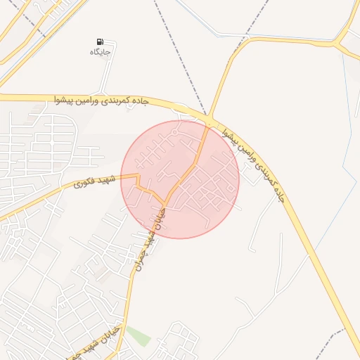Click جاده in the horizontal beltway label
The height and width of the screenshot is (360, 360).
coord(141,102)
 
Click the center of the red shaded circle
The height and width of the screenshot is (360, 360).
coord(180,179)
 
